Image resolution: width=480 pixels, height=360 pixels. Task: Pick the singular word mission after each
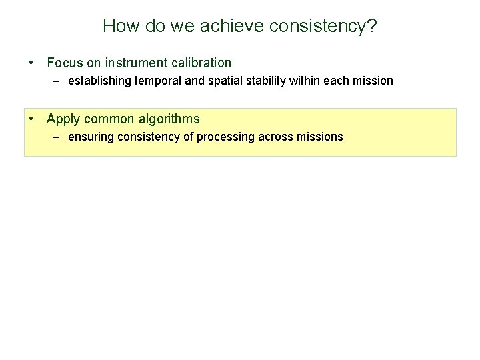[x=373, y=81]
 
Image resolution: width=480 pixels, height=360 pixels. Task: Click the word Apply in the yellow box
[x=63, y=119]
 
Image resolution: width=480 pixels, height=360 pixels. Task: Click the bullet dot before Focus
[x=32, y=63]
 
